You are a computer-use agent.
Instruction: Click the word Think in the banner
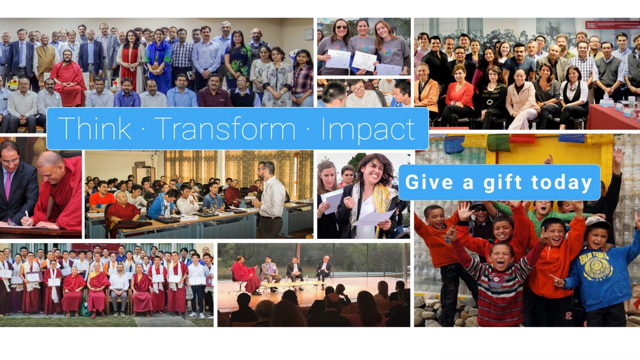[x=94, y=128]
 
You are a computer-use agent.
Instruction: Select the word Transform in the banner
[x=226, y=128]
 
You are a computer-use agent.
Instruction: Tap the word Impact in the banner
[x=368, y=130]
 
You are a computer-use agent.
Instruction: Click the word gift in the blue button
[x=502, y=183]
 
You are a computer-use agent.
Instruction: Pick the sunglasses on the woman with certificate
[x=341, y=27]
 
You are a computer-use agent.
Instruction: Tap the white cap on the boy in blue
[x=597, y=222]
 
